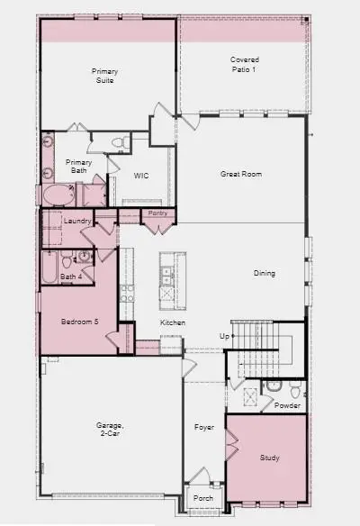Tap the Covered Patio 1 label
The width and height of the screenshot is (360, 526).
[244, 64]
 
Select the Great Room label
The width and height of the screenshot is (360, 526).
[241, 174]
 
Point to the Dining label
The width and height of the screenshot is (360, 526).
[264, 274]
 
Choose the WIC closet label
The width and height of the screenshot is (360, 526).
[140, 177]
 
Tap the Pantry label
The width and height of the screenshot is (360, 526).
[157, 213]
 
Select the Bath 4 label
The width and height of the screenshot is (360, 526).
[70, 277]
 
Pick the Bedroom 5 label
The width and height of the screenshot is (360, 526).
[78, 322]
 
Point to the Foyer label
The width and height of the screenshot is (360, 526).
[204, 425]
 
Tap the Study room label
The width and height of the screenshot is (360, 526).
[269, 458]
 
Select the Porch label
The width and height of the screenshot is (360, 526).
[203, 498]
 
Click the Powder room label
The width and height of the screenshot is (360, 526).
[287, 405]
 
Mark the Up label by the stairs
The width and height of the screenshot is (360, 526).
[225, 336]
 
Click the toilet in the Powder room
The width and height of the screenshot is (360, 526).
[275, 386]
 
